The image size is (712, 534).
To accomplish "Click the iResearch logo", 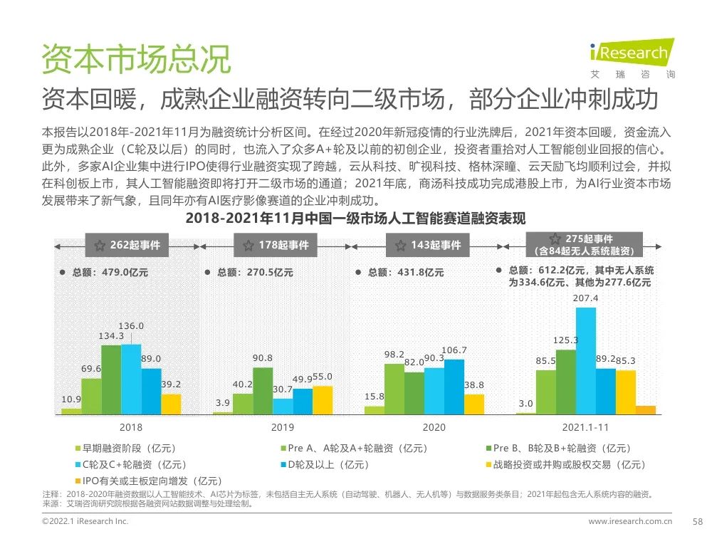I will pos(632,54).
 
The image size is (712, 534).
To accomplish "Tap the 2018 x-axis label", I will pos(131,427).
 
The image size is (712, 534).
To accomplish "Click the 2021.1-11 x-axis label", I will pos(585,427).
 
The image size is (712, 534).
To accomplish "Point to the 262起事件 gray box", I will pos(127,245).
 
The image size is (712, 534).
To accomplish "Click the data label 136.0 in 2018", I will pos(131,326).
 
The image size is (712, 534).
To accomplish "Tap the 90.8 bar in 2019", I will pos(263,390).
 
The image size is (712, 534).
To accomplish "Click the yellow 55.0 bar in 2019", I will pos(323,399).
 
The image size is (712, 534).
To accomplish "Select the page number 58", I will pos(698,522).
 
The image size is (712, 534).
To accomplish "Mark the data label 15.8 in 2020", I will pos(375,397).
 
